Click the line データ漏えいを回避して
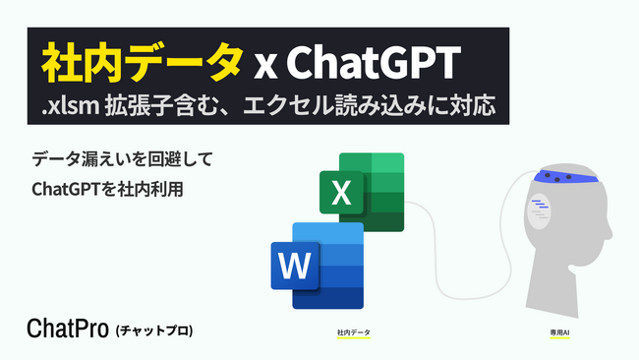tap(122, 158)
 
